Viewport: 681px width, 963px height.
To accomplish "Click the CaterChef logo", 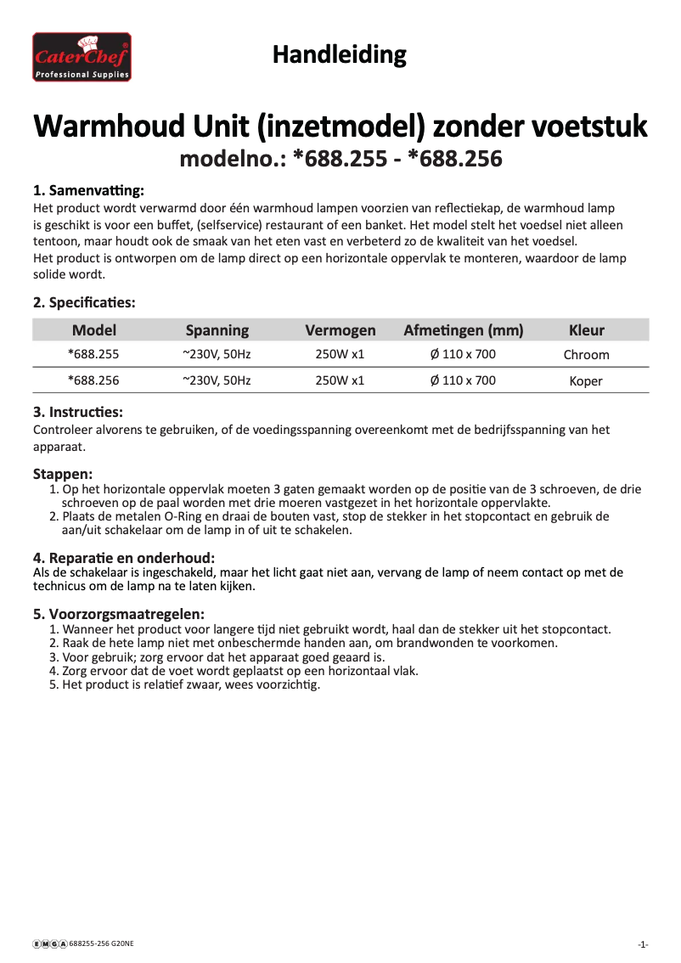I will click(82, 57).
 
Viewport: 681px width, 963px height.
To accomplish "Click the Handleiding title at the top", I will click(339, 55).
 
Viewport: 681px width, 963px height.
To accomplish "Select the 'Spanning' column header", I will click(217, 330).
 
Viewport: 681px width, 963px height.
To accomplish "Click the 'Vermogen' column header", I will click(340, 330).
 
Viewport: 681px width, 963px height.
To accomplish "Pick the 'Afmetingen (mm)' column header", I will click(463, 330).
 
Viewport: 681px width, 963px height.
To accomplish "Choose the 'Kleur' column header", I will click(586, 330).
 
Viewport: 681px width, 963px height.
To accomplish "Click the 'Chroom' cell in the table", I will click(586, 355).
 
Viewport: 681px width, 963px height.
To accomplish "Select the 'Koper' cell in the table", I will click(586, 381).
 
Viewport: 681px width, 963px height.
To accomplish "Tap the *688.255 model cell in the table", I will click(93, 354).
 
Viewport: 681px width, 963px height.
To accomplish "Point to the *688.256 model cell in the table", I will click(93, 380).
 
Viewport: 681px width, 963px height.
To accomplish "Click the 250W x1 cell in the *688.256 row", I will click(340, 380).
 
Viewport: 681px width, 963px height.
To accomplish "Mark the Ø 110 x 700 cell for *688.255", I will click(463, 354).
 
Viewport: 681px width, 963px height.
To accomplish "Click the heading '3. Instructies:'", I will click(77, 412).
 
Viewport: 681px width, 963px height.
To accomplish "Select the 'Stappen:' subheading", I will click(63, 473).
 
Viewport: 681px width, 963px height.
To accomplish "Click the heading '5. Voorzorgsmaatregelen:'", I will click(118, 614).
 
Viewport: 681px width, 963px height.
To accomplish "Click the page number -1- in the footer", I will click(643, 944).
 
